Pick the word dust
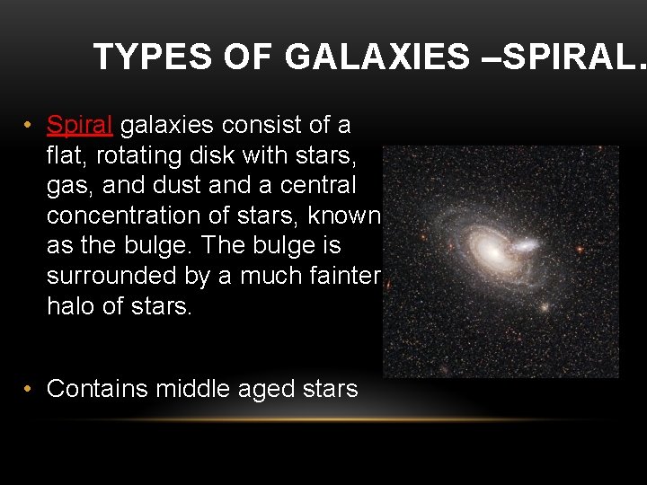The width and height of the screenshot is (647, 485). (182, 185)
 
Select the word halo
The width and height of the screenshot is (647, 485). (70, 307)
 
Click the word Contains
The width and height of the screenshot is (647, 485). (97, 389)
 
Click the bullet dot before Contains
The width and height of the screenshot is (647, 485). (29, 389)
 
